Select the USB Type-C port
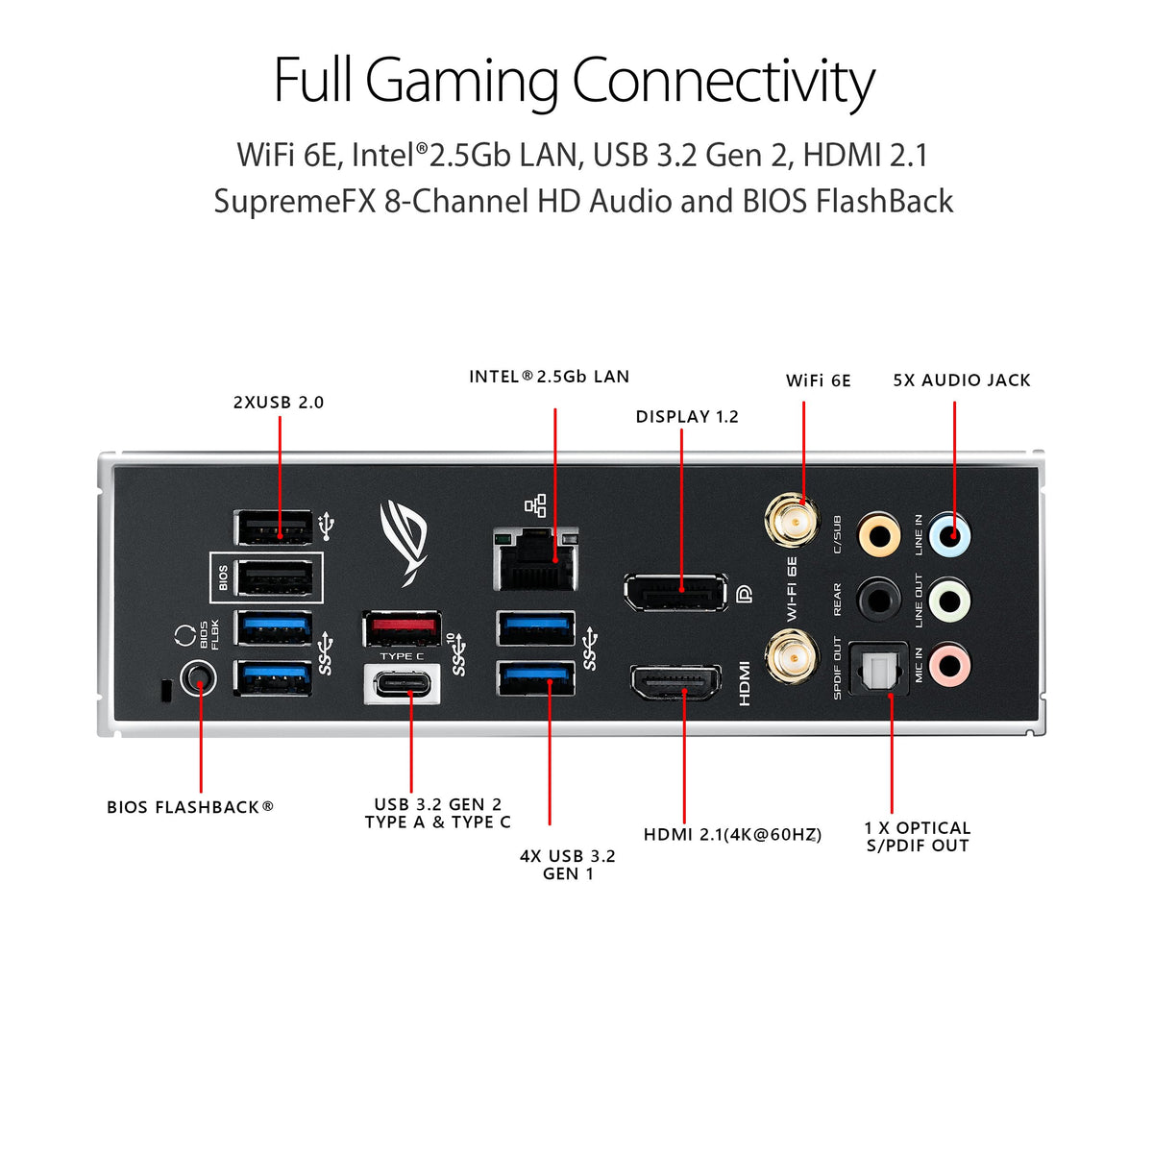pos(403,684)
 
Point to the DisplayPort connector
pos(675,592)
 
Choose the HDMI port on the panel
pos(675,683)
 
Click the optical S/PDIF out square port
pos(879,668)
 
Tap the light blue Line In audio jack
pos(949,534)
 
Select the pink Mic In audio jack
pos(949,663)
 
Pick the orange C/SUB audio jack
pos(879,534)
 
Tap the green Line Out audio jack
pos(949,601)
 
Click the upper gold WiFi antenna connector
pos(791,520)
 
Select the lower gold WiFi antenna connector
pos(791,660)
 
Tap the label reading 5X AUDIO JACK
pos(961,380)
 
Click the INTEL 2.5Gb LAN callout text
pos(549,377)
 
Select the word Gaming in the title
pos(462,81)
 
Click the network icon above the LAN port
pos(535,505)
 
